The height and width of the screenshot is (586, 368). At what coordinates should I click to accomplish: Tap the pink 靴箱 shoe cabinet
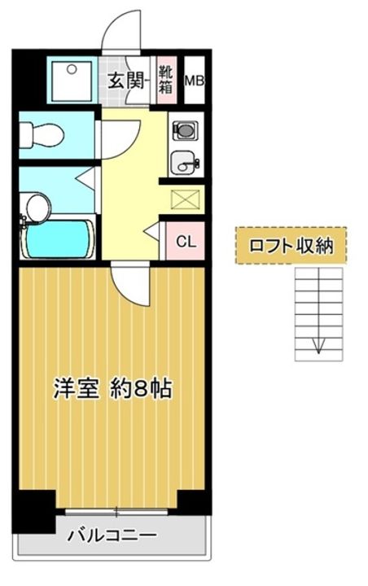pos(166,80)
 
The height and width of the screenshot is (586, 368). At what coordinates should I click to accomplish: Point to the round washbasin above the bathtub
pos(34,208)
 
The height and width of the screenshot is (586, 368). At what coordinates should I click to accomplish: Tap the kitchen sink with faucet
pos(185,163)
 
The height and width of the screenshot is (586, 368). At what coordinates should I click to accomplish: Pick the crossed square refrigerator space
pos(183,199)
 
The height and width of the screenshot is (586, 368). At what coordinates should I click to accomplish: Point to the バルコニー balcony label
pos(112,536)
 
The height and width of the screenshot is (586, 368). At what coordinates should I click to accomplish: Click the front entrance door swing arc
pos(122,33)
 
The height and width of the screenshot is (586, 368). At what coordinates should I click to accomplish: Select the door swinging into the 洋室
pos(130,285)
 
